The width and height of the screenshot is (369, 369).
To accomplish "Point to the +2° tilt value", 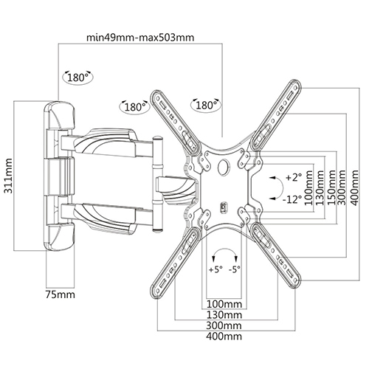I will (294, 178).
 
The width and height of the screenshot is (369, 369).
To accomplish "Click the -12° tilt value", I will (294, 199).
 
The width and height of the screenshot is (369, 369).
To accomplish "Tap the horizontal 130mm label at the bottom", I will (224, 314).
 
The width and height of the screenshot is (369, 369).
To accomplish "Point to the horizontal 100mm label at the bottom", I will (224, 303).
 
